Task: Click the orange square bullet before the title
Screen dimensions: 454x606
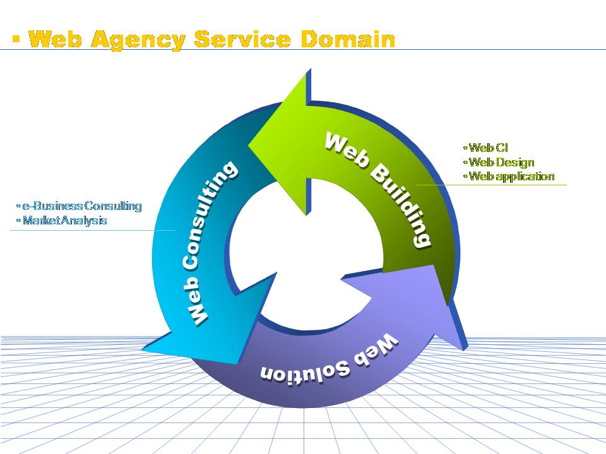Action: pos(16,40)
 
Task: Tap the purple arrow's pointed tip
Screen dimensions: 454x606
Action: pos(466,346)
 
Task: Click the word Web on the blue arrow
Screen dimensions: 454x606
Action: pos(198,306)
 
